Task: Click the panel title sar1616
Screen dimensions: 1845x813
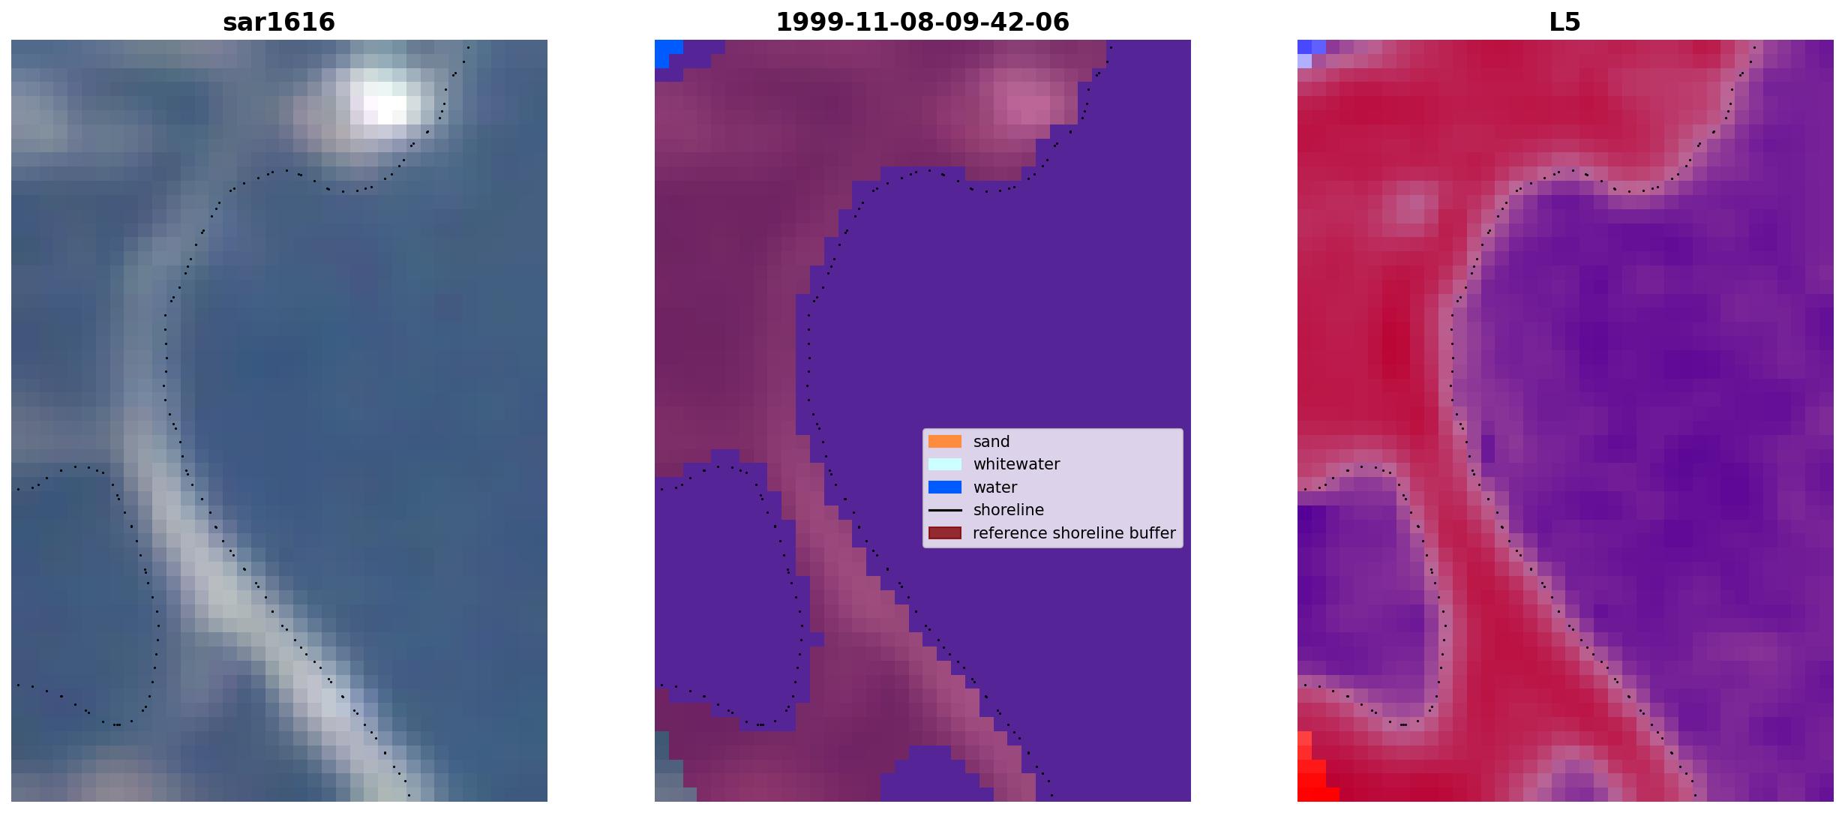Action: click(279, 22)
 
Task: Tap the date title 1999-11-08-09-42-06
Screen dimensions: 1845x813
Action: click(922, 22)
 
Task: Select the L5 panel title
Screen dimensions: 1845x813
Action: click(1565, 22)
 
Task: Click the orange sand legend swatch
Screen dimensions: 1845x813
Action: click(945, 442)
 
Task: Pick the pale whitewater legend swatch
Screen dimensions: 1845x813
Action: click(945, 464)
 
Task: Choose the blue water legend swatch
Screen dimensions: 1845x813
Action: click(945, 487)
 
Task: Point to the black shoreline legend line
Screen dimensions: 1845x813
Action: click(945, 510)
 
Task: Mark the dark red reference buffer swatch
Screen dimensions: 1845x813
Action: click(945, 533)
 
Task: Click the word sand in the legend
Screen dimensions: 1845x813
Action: click(991, 442)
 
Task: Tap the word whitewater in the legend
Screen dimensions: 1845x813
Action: click(1016, 464)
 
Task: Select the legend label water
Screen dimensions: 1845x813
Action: click(995, 487)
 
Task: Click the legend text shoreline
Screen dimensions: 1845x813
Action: click(1009, 510)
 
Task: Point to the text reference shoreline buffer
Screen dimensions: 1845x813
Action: click(1074, 533)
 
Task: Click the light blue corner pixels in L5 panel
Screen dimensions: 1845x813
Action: click(1309, 52)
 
